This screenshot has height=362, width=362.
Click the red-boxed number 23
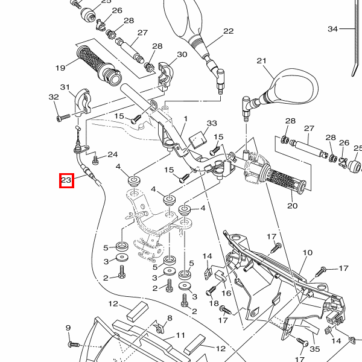click(x=66, y=180)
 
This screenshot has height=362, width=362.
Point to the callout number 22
click(x=228, y=31)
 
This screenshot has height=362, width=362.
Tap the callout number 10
click(x=307, y=253)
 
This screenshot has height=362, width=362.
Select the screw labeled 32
click(x=60, y=118)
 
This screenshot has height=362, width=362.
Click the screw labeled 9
click(x=74, y=343)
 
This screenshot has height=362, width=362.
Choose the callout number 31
click(x=65, y=87)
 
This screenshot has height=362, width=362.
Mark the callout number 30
click(x=182, y=55)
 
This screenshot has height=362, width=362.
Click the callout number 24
click(x=112, y=154)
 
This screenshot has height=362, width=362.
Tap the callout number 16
click(x=226, y=293)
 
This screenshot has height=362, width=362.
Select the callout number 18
click(x=214, y=303)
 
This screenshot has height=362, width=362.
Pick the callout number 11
click(x=180, y=335)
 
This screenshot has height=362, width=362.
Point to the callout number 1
click(x=186, y=119)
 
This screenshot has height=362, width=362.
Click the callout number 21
click(x=261, y=61)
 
